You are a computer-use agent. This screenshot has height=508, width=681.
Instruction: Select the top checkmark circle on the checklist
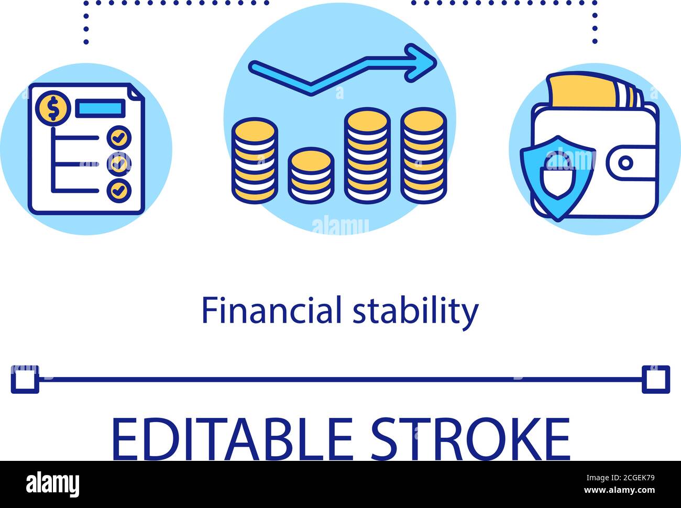click(119, 138)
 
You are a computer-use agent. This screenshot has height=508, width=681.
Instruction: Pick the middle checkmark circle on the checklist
click(119, 164)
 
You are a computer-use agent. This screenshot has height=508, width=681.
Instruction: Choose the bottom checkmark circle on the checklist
click(119, 190)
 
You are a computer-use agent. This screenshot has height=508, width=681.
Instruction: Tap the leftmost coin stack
click(255, 160)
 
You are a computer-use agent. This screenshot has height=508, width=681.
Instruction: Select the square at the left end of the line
click(25, 379)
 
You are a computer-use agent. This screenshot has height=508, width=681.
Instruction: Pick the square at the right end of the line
click(656, 379)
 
